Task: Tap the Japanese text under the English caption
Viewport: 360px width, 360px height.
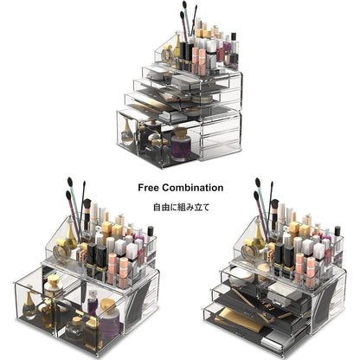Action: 180,208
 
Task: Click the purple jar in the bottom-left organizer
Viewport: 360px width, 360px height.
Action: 109,324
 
